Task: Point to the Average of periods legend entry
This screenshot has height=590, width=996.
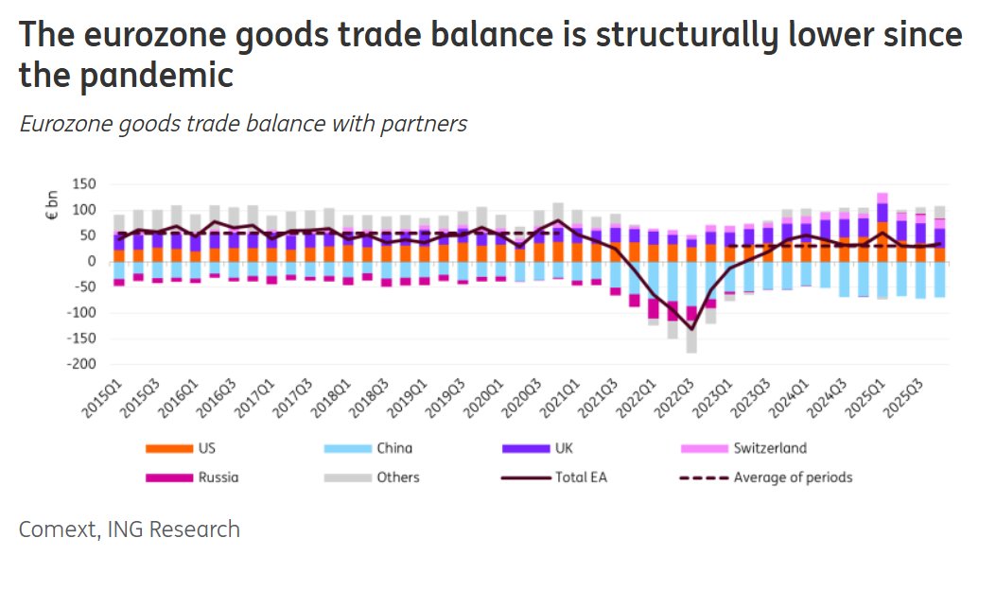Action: pyautogui.click(x=766, y=477)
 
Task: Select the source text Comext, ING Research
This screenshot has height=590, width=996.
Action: pyautogui.click(x=130, y=529)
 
